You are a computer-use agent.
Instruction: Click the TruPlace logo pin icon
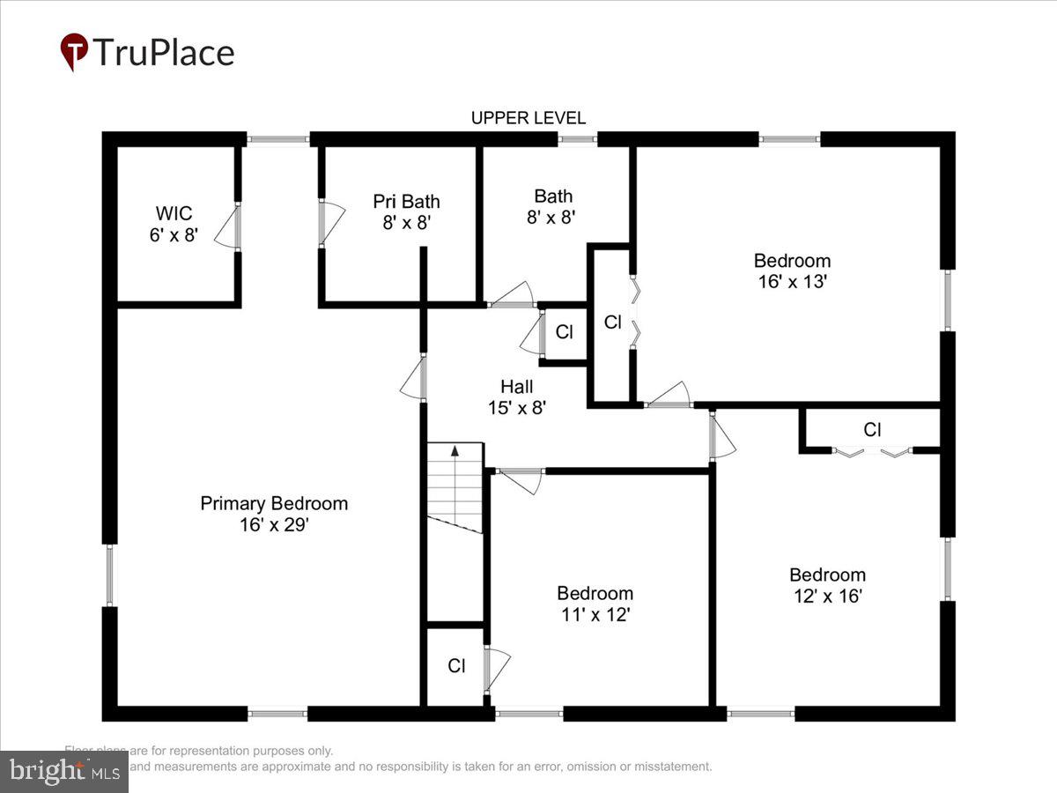click(x=74, y=51)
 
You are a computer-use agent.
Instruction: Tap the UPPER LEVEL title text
click(x=528, y=118)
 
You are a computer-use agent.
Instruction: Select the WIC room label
click(x=174, y=213)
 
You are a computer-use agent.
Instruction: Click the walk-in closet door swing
click(x=228, y=227)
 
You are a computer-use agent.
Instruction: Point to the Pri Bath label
click(x=406, y=202)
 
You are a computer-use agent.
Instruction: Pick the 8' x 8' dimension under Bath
click(x=551, y=217)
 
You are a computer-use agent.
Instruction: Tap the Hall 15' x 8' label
click(x=516, y=396)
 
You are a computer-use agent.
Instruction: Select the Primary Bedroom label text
click(x=274, y=503)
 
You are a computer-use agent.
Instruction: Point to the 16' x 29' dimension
click(x=274, y=525)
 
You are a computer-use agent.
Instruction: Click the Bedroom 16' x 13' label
click(x=792, y=271)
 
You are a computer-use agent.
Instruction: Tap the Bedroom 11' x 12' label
click(x=595, y=604)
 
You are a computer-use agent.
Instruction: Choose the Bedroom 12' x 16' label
click(x=826, y=585)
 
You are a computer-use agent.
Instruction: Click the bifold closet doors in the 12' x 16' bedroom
click(x=871, y=452)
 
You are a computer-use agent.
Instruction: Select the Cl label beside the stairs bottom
click(x=456, y=666)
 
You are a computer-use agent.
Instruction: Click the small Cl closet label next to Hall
click(x=564, y=332)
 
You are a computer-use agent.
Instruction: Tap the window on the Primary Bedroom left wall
click(x=110, y=574)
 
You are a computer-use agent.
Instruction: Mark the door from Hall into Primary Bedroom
click(x=414, y=379)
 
